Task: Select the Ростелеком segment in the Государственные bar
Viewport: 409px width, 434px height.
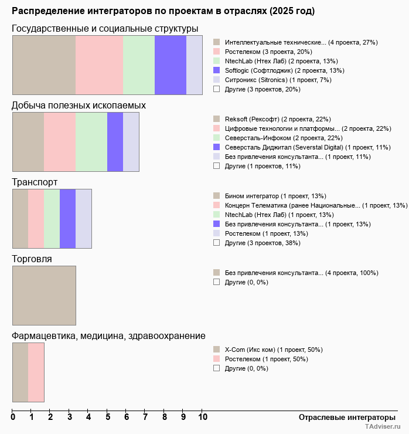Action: coord(99,65)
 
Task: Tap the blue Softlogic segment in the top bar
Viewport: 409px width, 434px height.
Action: coord(170,65)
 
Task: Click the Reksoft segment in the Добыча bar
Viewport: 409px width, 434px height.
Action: coord(28,142)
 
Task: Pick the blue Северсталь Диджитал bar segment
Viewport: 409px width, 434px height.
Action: coord(115,142)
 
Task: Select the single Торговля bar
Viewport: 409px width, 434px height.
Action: coord(44,296)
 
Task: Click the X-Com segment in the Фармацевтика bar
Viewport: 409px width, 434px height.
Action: coord(20,372)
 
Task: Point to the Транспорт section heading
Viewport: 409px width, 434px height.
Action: coord(35,182)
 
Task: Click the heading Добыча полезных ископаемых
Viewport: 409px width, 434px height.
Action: coord(79,105)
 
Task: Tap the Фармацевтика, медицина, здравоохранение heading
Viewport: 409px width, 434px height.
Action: coord(108,335)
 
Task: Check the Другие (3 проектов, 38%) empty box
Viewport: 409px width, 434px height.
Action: coord(216,242)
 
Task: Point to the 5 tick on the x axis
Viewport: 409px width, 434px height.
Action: coord(108,418)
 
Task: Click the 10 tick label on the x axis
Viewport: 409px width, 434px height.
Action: coord(203,418)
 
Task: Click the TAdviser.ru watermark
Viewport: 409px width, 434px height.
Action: coord(383,428)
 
